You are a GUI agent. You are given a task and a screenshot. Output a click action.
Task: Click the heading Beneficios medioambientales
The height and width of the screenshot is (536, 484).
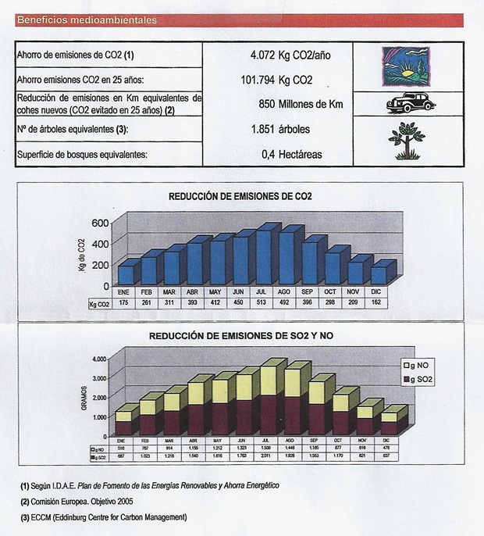[86, 20]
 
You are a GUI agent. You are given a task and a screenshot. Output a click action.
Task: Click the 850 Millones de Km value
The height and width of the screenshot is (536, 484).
[300, 103]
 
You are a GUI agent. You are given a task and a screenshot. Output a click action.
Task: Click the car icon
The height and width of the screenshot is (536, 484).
[411, 102]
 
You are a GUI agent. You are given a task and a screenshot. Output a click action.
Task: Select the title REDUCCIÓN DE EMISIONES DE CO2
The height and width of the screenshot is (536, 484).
[240, 196]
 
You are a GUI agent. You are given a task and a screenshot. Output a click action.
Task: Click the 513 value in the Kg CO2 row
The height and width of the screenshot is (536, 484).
[265, 303]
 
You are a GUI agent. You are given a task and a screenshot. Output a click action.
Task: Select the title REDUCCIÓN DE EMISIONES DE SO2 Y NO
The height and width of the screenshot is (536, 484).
[240, 337]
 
